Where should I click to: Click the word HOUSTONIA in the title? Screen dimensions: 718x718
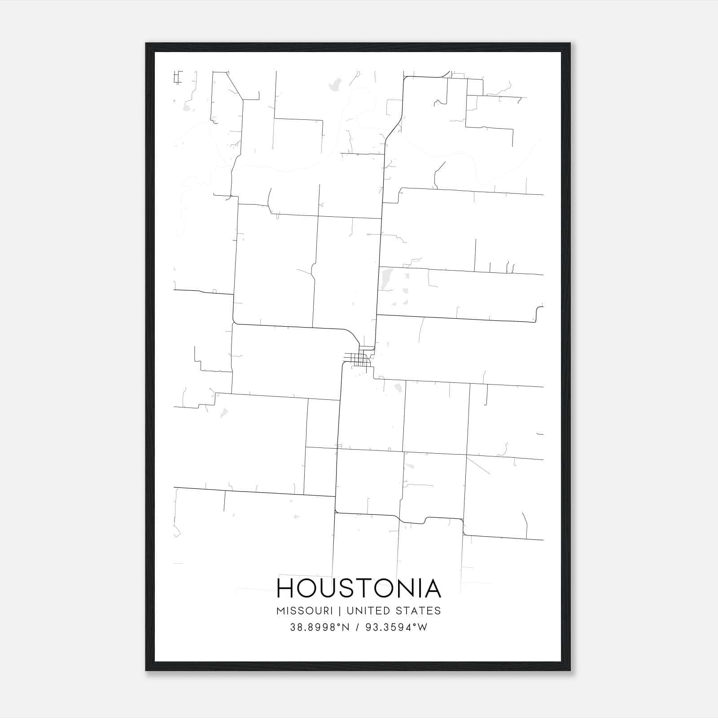(x=359, y=588)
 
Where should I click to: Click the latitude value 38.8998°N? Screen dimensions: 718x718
(x=320, y=627)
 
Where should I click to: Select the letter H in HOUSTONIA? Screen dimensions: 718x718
(x=285, y=588)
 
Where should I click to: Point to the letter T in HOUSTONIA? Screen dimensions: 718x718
(x=365, y=588)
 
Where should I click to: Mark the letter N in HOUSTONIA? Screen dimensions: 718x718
(x=407, y=588)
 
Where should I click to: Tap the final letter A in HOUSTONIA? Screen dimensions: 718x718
(x=433, y=588)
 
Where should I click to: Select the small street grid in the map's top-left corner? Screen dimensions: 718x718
(x=178, y=77)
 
